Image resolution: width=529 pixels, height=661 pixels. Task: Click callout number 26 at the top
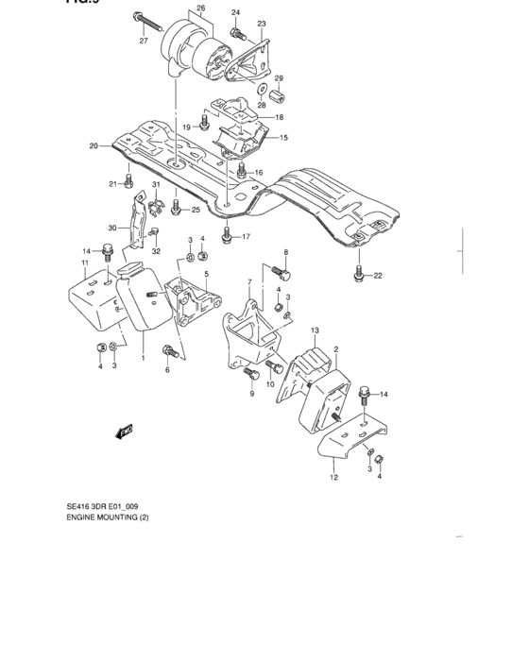click(x=199, y=9)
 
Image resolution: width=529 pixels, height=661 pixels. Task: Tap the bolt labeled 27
click(x=141, y=20)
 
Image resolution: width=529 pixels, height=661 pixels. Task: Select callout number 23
click(x=262, y=23)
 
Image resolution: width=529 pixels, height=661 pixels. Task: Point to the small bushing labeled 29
click(x=279, y=93)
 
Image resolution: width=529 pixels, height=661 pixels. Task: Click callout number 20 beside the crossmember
click(x=94, y=145)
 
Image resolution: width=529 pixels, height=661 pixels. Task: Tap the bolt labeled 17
click(x=226, y=234)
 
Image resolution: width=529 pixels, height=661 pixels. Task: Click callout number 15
click(x=281, y=138)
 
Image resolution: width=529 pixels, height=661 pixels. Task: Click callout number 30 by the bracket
click(x=111, y=228)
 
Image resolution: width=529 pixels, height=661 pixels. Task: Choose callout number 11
click(x=84, y=262)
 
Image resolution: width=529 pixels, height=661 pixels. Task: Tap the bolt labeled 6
click(x=169, y=351)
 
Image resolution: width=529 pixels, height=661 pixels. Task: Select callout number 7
click(x=248, y=281)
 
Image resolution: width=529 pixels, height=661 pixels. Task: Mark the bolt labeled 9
click(x=251, y=375)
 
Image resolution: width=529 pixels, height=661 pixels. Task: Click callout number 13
click(x=316, y=329)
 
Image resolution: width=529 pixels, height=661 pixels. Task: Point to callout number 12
click(x=333, y=478)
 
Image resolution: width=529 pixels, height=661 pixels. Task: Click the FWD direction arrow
click(x=123, y=432)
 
